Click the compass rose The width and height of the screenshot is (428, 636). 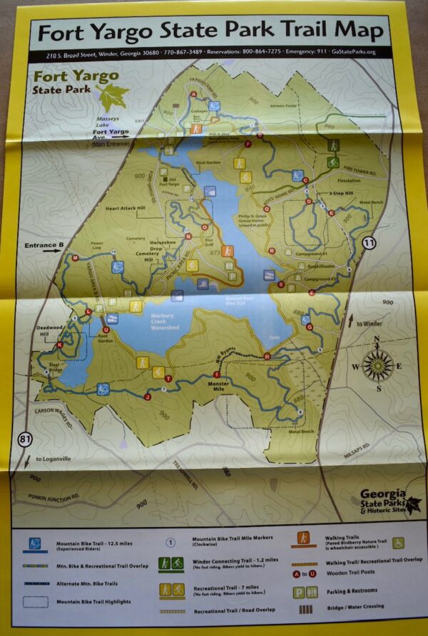[378, 366]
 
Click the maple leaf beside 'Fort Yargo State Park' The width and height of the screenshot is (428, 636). [113, 95]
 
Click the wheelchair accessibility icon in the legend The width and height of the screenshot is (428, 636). [398, 543]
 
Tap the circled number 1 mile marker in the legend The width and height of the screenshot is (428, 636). [170, 541]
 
